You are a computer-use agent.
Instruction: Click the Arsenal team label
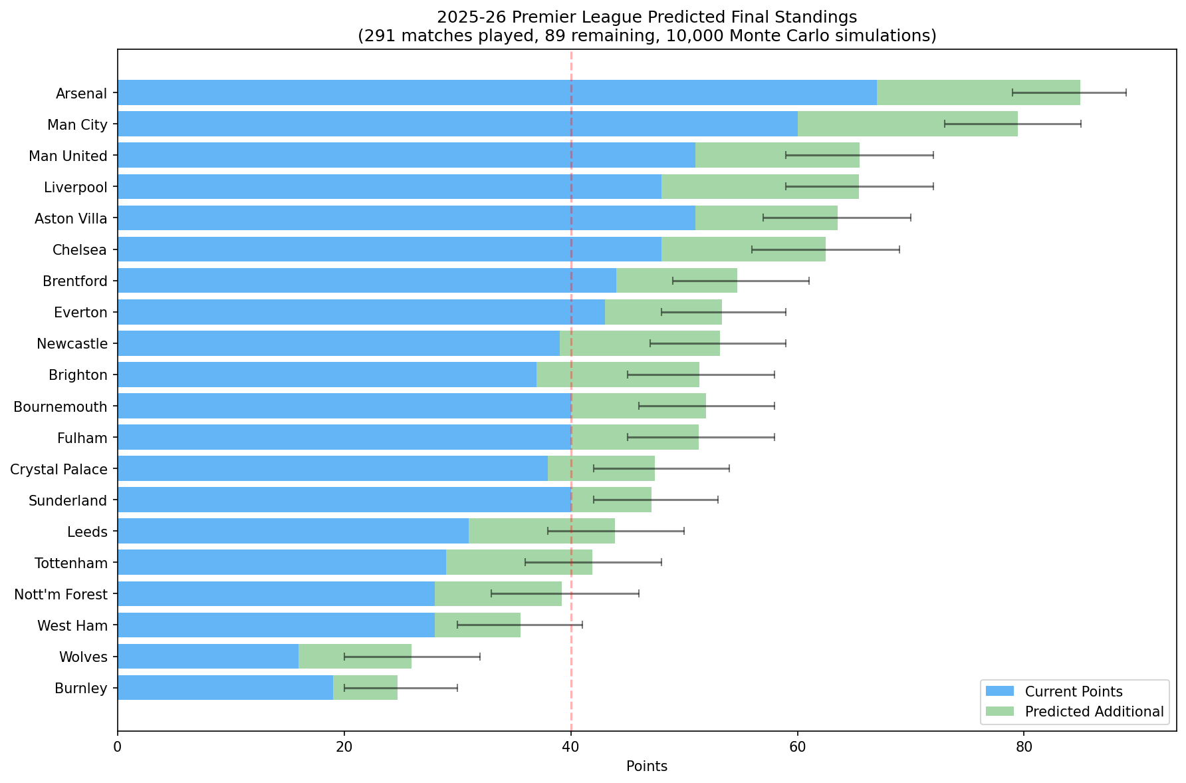pyautogui.click(x=81, y=93)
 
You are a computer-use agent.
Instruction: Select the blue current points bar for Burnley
pyautogui.click(x=225, y=688)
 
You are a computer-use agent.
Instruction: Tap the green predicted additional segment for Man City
pyautogui.click(x=907, y=124)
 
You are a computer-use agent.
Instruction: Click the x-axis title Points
pyautogui.click(x=647, y=766)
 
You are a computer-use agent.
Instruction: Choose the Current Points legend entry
pyautogui.click(x=1074, y=692)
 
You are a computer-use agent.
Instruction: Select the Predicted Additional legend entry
pyautogui.click(x=1074, y=712)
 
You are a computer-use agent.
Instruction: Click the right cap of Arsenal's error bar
pyautogui.click(x=1126, y=92)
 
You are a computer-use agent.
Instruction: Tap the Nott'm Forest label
pyautogui.click(x=60, y=594)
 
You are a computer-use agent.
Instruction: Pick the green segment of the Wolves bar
pyautogui.click(x=355, y=657)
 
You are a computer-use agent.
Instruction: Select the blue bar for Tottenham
pyautogui.click(x=282, y=563)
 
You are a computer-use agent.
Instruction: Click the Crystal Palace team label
pyautogui.click(x=59, y=470)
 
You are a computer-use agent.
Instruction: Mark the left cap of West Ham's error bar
pyautogui.click(x=457, y=625)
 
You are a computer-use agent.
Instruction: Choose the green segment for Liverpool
pyautogui.click(x=760, y=186)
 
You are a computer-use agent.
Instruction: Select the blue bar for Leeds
pyautogui.click(x=293, y=531)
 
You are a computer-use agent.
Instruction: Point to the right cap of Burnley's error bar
pyautogui.click(x=457, y=688)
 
